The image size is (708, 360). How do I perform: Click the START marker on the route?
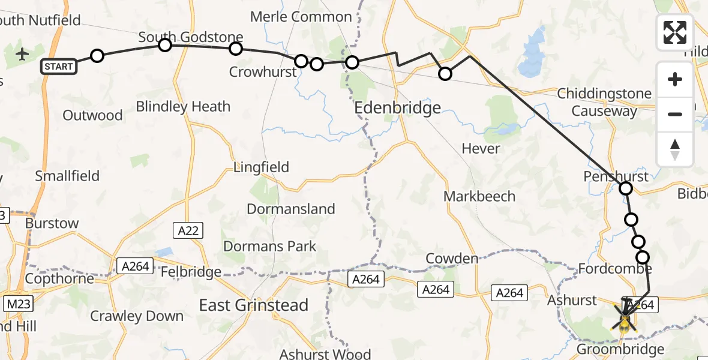59,67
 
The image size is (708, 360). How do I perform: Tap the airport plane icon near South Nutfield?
23,55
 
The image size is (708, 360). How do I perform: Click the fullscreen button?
675,32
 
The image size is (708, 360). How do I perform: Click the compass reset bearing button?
675,149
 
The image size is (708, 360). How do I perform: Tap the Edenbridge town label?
398,108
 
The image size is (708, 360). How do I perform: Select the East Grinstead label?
254,305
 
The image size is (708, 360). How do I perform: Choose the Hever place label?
481,148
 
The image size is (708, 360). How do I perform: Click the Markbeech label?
479,196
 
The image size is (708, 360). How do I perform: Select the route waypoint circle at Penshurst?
626,189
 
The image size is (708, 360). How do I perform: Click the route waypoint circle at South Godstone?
165,44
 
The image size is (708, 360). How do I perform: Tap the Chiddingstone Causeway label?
604,102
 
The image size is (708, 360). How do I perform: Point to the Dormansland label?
291,209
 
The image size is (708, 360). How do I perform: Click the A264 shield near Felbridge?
135,266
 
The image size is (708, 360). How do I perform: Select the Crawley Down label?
137,316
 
